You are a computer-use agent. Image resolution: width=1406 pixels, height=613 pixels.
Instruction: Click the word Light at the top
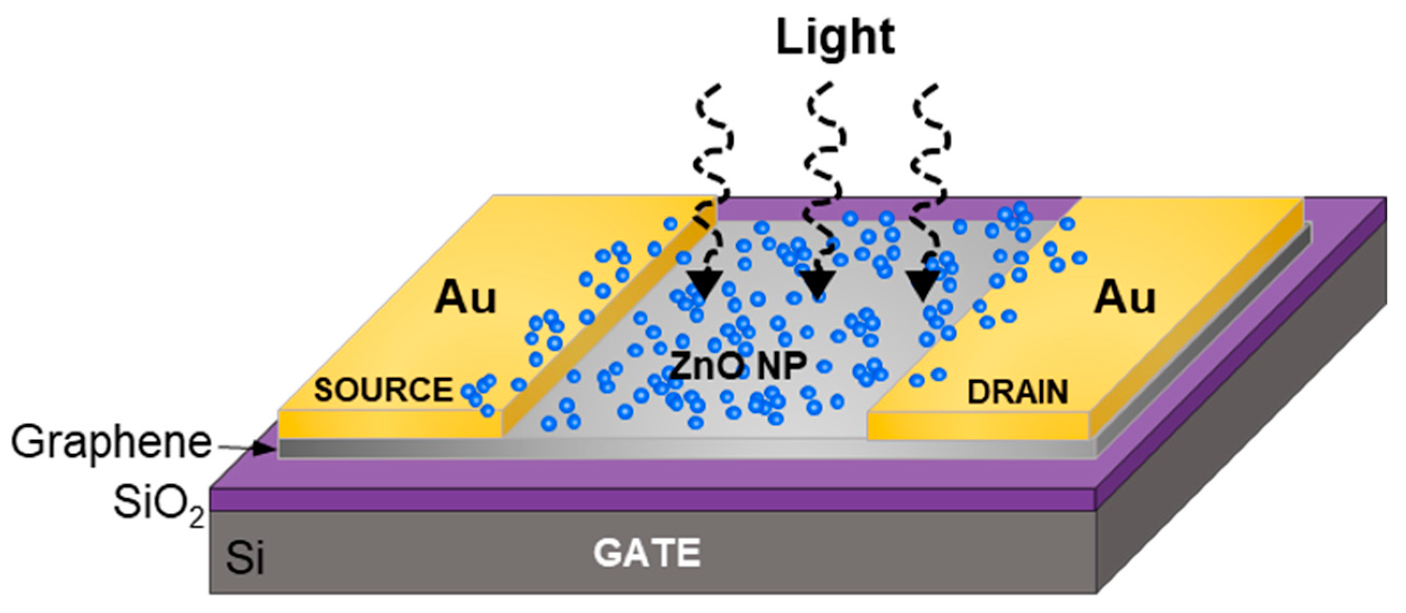tap(835, 37)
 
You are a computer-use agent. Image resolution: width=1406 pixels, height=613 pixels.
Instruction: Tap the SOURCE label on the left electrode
tap(383, 390)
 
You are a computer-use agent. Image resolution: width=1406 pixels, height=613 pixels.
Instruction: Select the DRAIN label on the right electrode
tap(1017, 392)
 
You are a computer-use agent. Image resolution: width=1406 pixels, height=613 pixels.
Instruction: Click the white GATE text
tap(647, 552)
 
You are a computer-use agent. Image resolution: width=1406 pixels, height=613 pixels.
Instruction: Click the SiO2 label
tap(158, 505)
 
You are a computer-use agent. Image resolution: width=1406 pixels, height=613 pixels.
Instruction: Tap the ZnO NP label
tap(737, 364)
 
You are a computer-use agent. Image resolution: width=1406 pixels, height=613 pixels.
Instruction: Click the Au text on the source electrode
tap(465, 298)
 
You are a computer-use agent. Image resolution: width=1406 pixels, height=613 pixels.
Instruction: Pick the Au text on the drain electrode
tap(1124, 298)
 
